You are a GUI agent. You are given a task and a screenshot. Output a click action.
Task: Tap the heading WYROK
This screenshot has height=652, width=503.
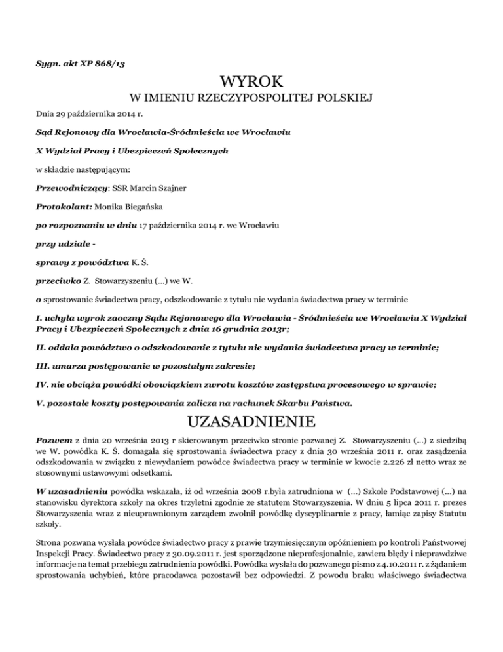pos(251,81)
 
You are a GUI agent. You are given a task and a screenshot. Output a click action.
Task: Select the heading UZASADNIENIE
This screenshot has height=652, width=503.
pos(251,418)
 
